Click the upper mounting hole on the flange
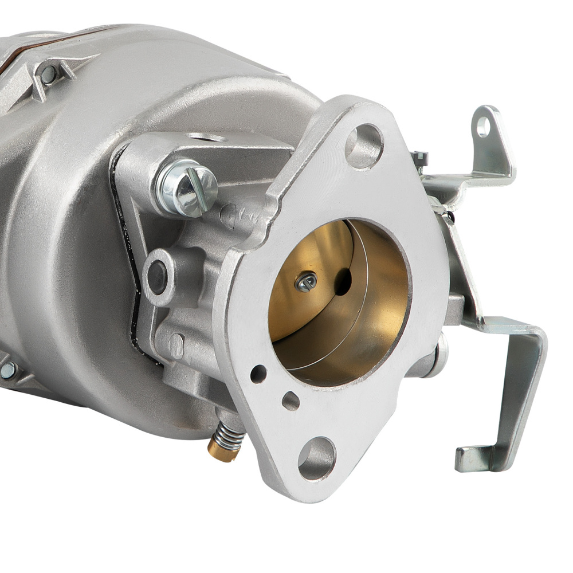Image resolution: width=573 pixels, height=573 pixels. [x=364, y=146]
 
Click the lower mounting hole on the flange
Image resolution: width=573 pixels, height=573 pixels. [x=316, y=458]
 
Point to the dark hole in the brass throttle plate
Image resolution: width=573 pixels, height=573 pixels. [x=343, y=281]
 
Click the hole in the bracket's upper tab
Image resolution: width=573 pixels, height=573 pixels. [x=483, y=127]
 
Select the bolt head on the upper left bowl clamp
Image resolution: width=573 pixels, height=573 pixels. [x=49, y=73]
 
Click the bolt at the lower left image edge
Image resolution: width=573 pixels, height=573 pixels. [x=8, y=370]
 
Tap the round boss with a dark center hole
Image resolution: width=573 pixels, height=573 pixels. [x=158, y=277]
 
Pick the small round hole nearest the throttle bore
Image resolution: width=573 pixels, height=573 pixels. [x=258, y=374]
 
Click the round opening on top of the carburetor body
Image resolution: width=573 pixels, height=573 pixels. [x=206, y=138]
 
